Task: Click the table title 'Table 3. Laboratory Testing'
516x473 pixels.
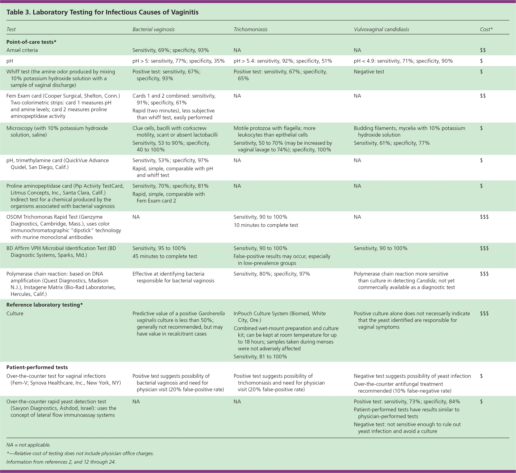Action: [x=102, y=12]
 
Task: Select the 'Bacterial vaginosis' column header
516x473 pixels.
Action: [x=153, y=29]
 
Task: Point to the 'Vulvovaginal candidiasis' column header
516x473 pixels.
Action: [x=381, y=29]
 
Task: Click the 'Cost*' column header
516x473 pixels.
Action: [x=486, y=29]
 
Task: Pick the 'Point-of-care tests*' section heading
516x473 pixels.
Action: [x=31, y=42]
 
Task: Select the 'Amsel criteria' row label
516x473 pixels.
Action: [x=22, y=50]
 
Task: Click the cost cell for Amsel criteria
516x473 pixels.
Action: [x=483, y=50]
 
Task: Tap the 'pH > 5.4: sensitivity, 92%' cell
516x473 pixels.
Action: [x=283, y=61]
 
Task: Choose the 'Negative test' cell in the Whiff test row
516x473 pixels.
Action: [x=369, y=72]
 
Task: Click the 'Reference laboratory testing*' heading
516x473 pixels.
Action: [x=44, y=305]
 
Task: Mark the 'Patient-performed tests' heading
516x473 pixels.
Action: [x=37, y=367]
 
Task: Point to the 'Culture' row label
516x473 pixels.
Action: [x=15, y=314]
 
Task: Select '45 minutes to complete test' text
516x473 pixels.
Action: [x=165, y=256]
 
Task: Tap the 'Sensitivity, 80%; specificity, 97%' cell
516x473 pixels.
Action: [x=272, y=274]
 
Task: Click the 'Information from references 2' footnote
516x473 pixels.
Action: [x=61, y=462]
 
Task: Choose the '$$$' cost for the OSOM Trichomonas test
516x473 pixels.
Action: [x=484, y=217]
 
